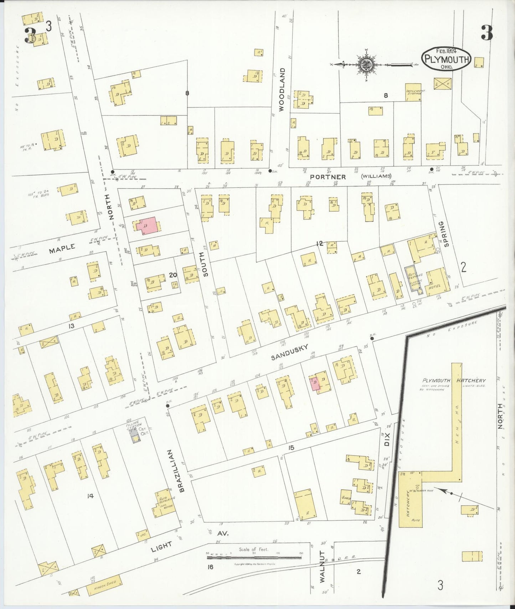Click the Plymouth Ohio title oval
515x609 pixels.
446,59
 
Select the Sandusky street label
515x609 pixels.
289,352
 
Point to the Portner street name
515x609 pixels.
328,177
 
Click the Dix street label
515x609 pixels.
387,439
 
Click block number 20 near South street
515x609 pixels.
173,275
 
